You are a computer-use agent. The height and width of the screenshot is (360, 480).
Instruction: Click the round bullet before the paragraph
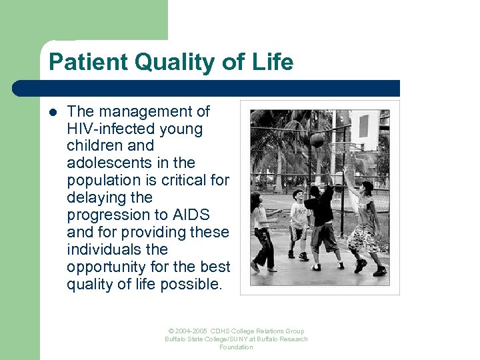coord(53,112)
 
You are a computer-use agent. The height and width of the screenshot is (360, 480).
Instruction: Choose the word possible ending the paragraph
coord(197,285)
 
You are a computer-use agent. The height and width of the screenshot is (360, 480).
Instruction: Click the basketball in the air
coord(318,141)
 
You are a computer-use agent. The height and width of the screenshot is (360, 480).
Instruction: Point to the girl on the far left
coord(261,230)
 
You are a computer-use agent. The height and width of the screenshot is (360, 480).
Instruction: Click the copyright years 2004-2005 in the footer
coord(188,331)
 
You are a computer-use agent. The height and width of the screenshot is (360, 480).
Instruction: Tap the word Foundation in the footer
coord(236,347)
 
